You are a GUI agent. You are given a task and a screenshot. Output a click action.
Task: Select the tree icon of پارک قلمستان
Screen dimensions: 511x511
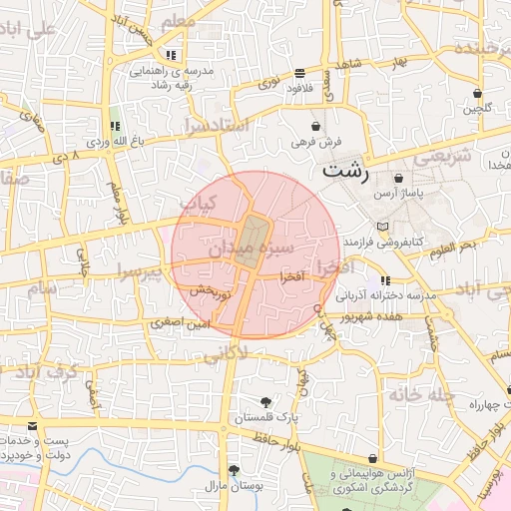pyautogui.click(x=265, y=401)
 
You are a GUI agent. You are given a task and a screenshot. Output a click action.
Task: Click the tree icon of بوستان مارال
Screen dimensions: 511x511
pyautogui.click(x=235, y=469)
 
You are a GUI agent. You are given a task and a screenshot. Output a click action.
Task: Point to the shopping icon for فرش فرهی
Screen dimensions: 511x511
pyautogui.click(x=316, y=127)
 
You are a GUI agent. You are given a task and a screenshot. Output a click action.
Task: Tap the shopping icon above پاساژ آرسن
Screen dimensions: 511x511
pyautogui.click(x=399, y=178)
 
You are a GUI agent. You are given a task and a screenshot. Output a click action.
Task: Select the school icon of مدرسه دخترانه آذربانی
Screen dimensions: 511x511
pyautogui.click(x=385, y=281)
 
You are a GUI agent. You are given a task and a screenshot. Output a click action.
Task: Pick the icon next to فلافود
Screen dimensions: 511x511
pyautogui.click(x=300, y=73)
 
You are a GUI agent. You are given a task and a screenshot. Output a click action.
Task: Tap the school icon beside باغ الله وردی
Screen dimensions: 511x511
pyautogui.click(x=115, y=127)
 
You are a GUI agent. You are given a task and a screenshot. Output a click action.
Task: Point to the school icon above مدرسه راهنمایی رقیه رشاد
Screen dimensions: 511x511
pyautogui.click(x=173, y=55)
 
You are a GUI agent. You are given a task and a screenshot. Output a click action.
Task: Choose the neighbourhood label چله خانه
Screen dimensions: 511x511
pyautogui.click(x=422, y=397)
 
